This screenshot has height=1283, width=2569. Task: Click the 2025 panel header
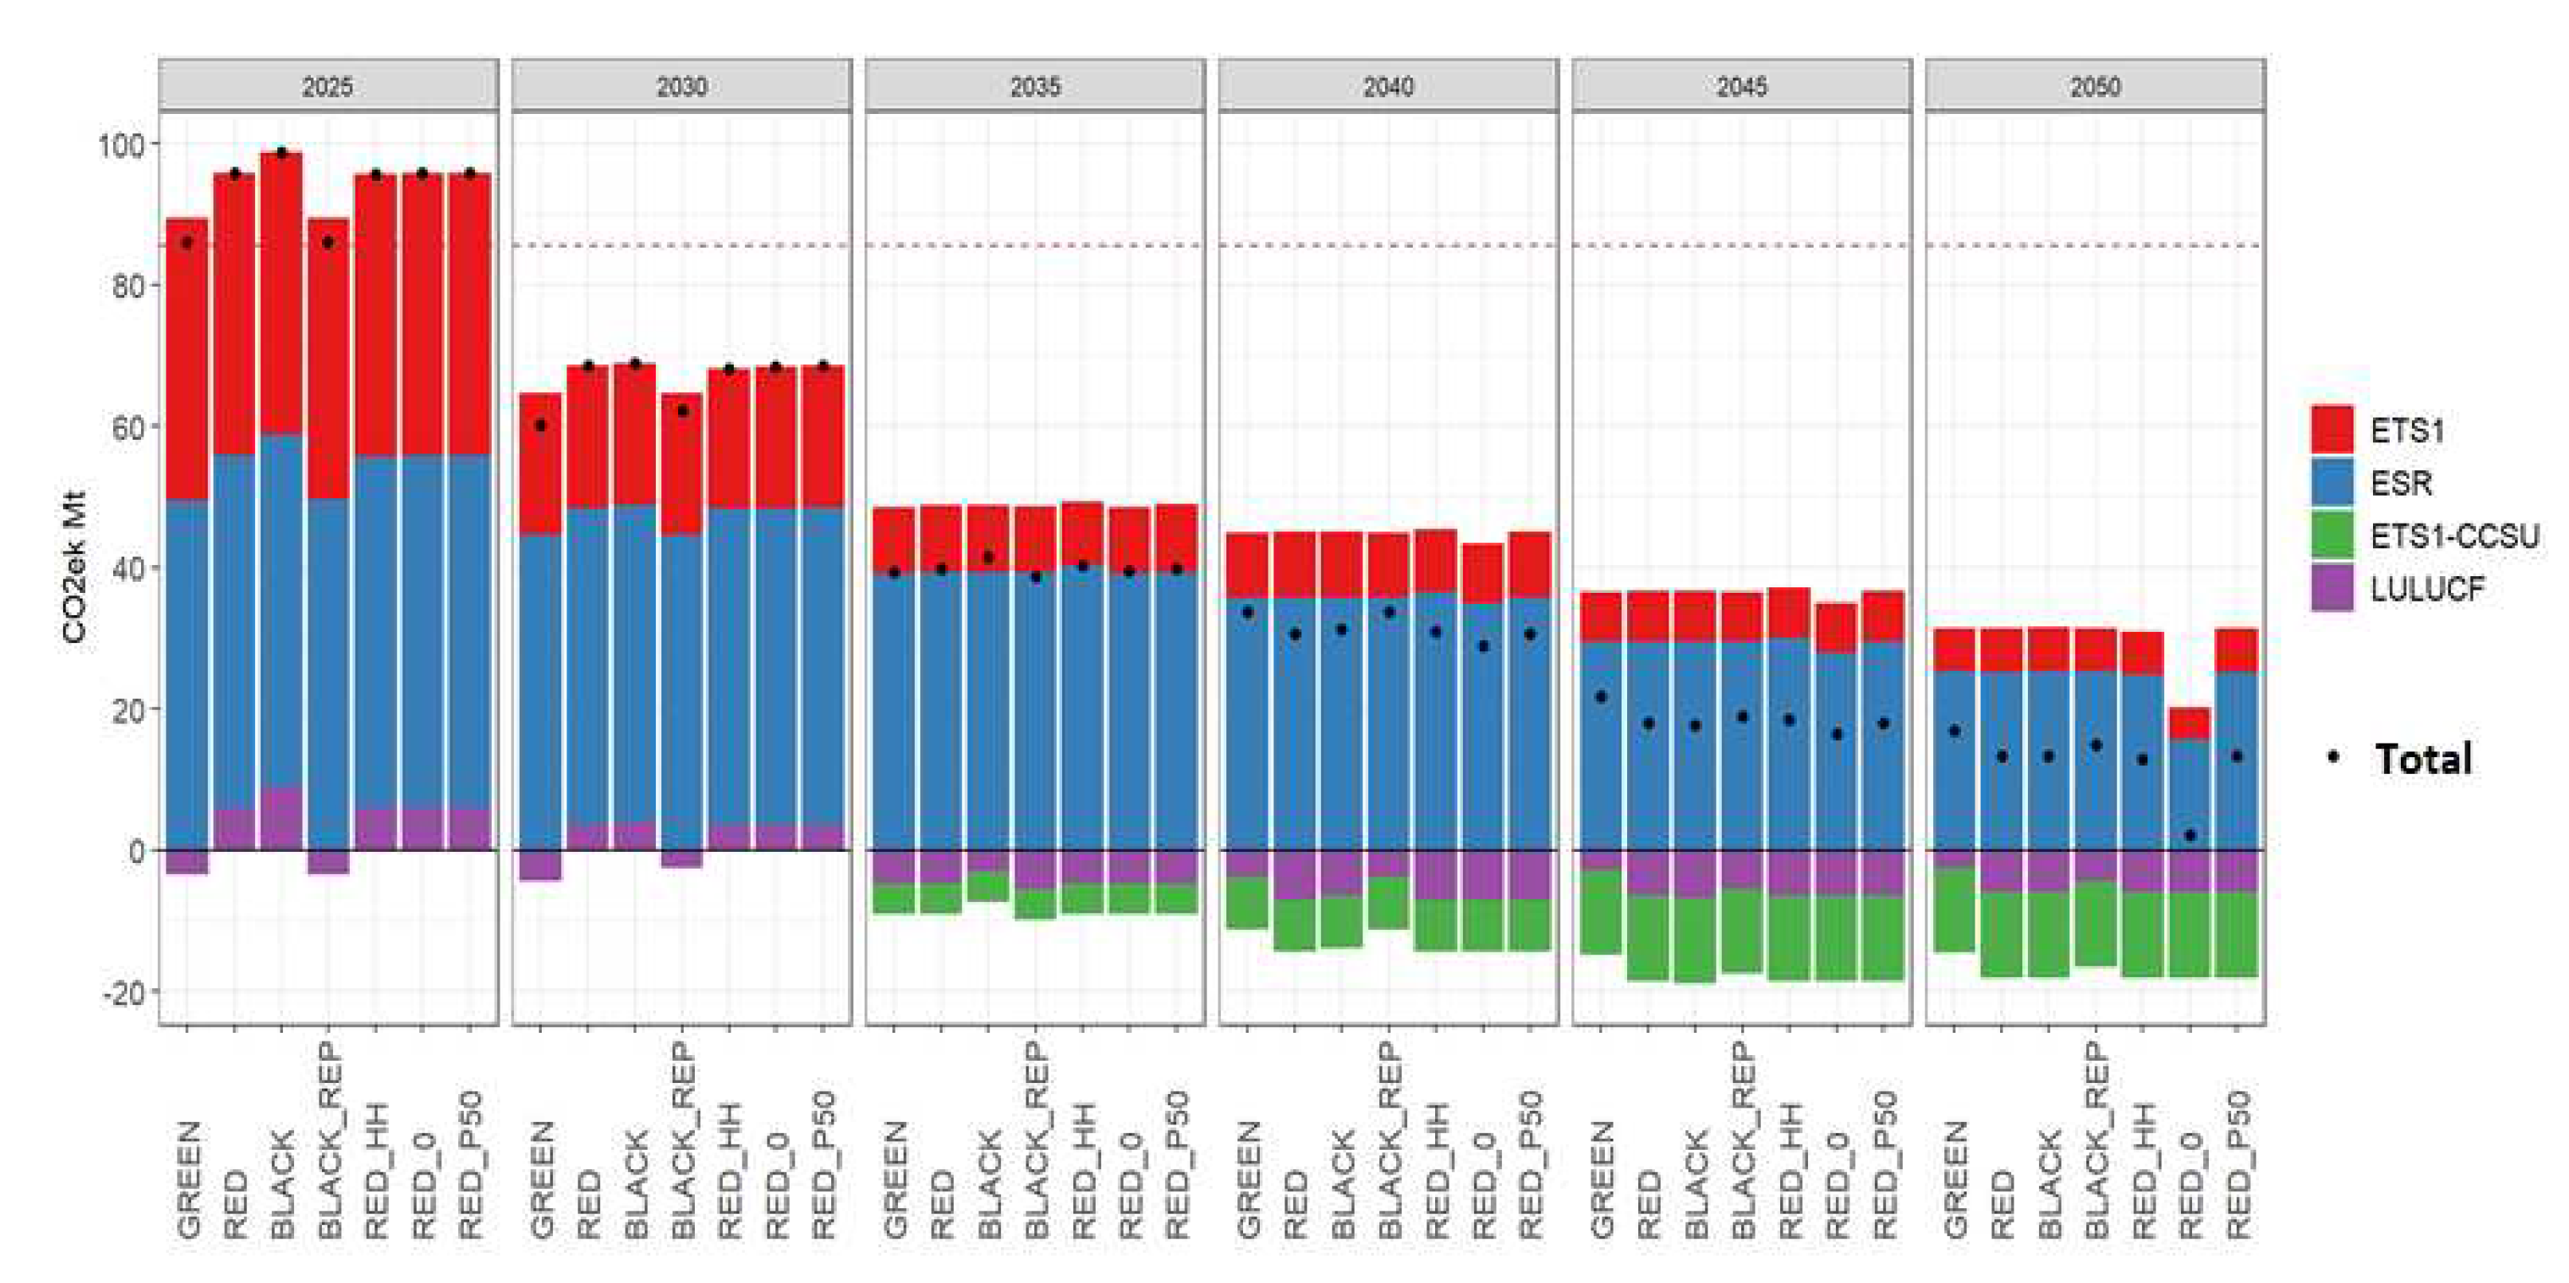pyautogui.click(x=327, y=86)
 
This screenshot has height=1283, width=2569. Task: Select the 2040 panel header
pyautogui.click(x=1387, y=86)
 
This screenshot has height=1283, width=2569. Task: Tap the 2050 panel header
pyautogui.click(x=2094, y=86)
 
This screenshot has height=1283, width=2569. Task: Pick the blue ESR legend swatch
pyautogui.click(x=2332, y=483)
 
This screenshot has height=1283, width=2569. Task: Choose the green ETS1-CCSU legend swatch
pyautogui.click(x=2332, y=536)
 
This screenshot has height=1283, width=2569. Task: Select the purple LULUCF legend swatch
pyautogui.click(x=2332, y=589)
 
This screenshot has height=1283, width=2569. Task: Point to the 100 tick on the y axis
pyautogui.click(x=120, y=145)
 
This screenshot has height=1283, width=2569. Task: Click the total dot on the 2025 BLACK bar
pyautogui.click(x=281, y=153)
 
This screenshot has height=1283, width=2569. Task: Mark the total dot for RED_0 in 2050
pyautogui.click(x=2190, y=835)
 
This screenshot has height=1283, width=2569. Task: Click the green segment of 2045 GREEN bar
pyautogui.click(x=1601, y=913)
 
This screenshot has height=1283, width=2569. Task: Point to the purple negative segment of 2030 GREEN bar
pyautogui.click(x=539, y=865)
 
